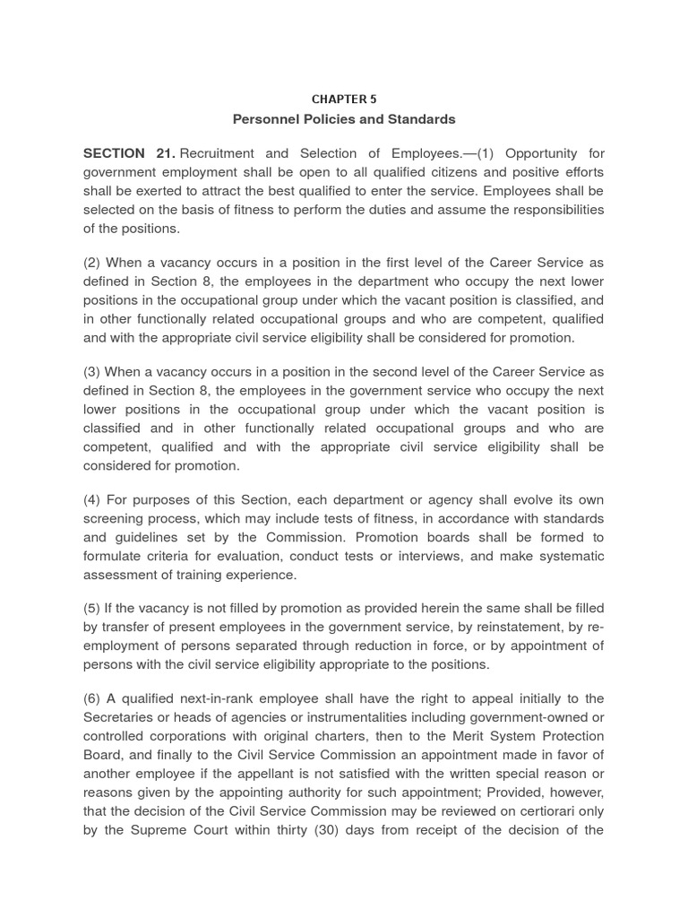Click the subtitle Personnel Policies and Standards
pos(344,119)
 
